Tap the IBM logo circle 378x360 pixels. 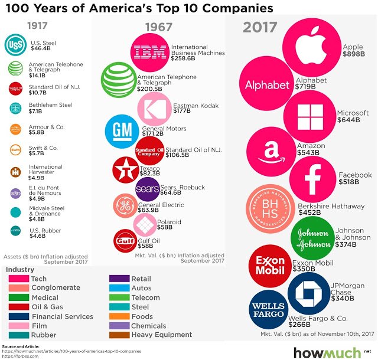click(x=148, y=52)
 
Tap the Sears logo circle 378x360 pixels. click(x=146, y=189)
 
